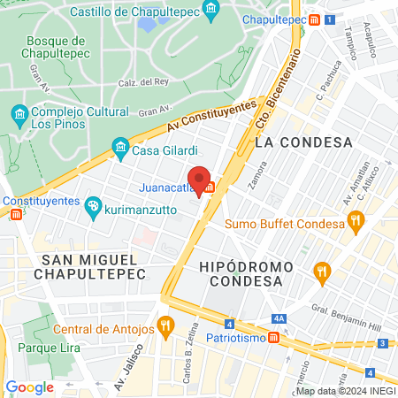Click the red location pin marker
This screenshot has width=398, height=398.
(x=200, y=179)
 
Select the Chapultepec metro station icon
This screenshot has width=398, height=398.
(x=314, y=19)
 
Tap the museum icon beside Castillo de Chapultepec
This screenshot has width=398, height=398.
(x=210, y=11)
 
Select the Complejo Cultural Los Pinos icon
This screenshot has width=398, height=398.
(x=19, y=116)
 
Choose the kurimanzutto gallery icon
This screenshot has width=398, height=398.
(x=93, y=206)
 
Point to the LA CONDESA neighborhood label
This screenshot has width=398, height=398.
(x=302, y=142)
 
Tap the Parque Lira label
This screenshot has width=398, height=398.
(x=49, y=347)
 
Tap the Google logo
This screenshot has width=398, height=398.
(x=29, y=387)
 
